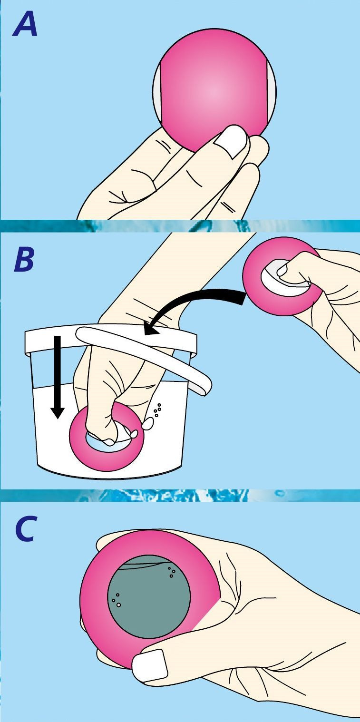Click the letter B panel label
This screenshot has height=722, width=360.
(23, 260)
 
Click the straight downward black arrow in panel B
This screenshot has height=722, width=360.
(58, 377)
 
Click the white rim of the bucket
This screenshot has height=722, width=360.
(109, 339)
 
